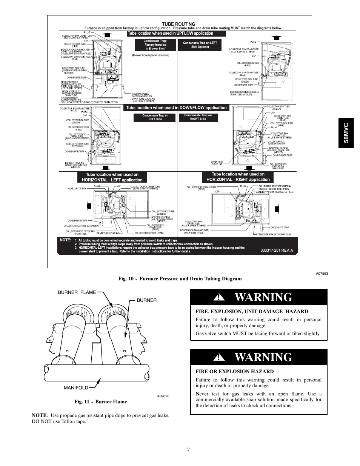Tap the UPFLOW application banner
[176, 34]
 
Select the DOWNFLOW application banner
[176, 108]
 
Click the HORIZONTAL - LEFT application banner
[112, 177]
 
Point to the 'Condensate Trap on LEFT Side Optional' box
[200, 45]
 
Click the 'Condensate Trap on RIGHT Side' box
[198, 117]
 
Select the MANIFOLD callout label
[76, 388]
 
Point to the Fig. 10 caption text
[180, 278]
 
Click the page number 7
[188, 449]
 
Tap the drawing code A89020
[163, 396]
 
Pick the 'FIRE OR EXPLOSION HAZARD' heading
[234, 371]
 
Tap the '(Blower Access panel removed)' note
[151, 55]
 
